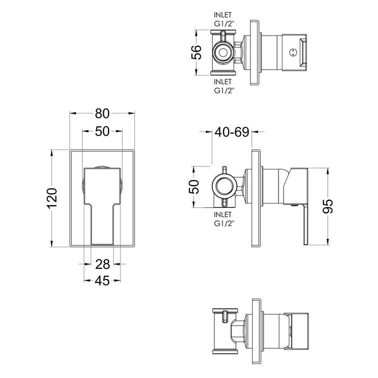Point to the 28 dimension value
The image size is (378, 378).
102,264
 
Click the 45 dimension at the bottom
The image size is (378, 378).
102,280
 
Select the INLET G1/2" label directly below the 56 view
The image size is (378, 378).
223,86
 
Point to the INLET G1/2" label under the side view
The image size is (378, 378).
223,219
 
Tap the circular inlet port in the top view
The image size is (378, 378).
222,52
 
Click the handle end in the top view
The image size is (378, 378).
302,52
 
